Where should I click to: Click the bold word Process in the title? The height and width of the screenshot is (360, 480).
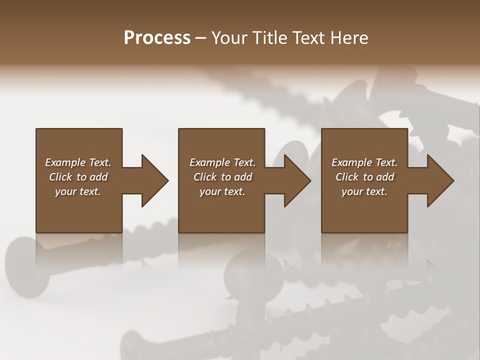click(x=157, y=38)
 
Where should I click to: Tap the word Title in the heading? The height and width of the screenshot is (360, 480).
click(x=268, y=38)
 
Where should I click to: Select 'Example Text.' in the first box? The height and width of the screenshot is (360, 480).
click(x=78, y=162)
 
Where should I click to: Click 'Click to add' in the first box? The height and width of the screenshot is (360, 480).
click(x=78, y=177)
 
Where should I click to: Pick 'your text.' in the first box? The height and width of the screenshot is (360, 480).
click(x=78, y=191)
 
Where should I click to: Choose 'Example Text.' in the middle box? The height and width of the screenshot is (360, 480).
click(x=222, y=162)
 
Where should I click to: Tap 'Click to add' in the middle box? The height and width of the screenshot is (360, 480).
click(x=222, y=177)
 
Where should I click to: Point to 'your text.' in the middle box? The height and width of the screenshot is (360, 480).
click(x=222, y=191)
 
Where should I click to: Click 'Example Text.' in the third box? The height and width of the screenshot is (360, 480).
click(x=364, y=162)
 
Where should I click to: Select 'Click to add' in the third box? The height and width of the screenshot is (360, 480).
click(x=364, y=177)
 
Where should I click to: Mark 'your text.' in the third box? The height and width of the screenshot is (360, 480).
click(x=364, y=191)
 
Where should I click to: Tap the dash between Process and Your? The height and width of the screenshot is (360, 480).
click(x=201, y=38)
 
